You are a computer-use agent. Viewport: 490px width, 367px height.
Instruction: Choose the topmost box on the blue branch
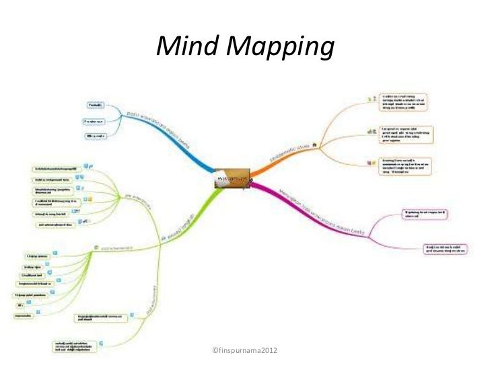[x=95, y=106]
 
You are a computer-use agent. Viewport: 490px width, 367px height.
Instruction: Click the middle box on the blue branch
[x=93, y=122]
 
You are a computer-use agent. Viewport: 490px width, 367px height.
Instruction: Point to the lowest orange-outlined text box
[x=405, y=166]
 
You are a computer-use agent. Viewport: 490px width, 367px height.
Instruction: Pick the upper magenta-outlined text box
[x=427, y=214]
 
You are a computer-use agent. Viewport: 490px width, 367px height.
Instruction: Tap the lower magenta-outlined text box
[x=446, y=250]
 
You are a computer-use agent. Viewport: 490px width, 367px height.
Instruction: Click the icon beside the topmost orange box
[x=368, y=100]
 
